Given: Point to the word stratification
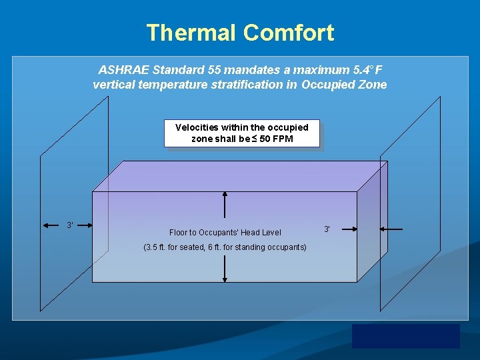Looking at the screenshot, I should pos(252,85).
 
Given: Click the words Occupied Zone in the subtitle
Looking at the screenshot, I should pos(344,85).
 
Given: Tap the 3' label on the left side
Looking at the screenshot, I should pos(70,225).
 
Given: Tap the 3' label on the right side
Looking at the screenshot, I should pos(327,229).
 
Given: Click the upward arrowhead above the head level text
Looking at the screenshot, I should pos(225,194).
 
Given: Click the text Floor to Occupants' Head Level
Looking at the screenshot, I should pos(225,233).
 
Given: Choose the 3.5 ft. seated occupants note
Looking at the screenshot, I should pos(225,247).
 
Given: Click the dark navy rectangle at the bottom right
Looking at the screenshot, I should pos(405,336).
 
